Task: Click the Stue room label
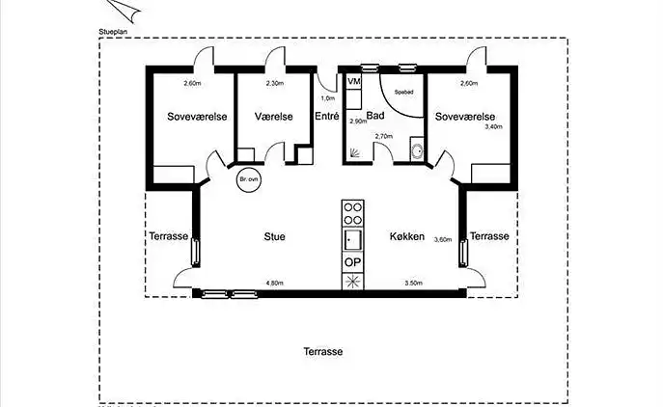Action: (x=275, y=236)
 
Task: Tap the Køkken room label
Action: (x=407, y=236)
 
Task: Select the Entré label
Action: (x=326, y=117)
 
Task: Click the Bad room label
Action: (x=375, y=116)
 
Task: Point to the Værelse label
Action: (x=273, y=117)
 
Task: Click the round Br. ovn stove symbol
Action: (x=248, y=180)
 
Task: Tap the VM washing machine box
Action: (x=353, y=83)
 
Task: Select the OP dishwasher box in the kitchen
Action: (x=353, y=262)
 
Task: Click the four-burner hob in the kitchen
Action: (x=353, y=212)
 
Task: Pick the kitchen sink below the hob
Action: (x=353, y=238)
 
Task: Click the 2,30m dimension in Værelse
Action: (x=274, y=84)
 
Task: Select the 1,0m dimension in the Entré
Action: (x=327, y=98)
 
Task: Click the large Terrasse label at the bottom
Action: (x=322, y=352)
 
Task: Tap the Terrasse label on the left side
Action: (x=169, y=236)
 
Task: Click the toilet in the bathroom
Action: (x=416, y=150)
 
